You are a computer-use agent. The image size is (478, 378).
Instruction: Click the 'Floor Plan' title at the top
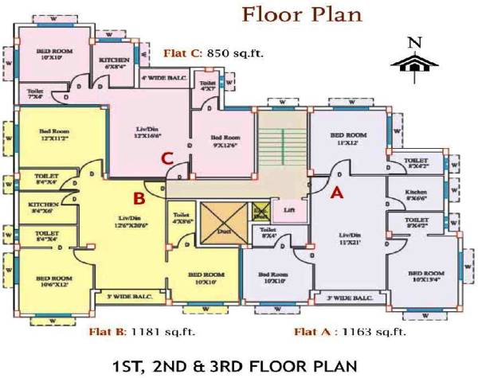(x=301, y=14)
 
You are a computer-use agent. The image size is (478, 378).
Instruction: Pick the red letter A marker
(x=336, y=191)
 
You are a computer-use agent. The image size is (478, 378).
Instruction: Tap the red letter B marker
(x=138, y=197)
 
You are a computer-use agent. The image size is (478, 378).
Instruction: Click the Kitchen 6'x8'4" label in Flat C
(x=114, y=64)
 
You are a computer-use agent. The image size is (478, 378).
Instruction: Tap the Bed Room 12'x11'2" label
(x=54, y=135)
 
